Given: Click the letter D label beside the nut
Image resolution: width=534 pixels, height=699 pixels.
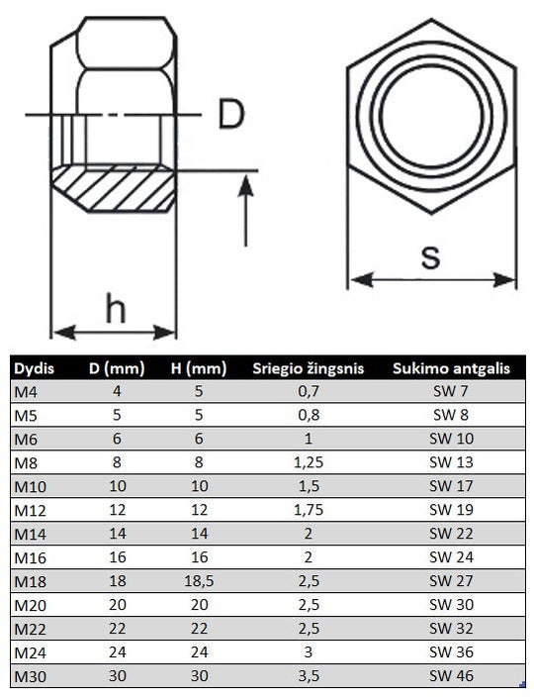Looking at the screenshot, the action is (231, 115).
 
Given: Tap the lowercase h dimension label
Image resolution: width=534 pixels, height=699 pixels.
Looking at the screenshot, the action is (116, 308).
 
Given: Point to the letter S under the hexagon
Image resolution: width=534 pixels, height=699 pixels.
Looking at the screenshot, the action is (431, 257).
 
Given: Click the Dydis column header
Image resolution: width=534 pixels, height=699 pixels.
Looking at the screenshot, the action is (34, 368).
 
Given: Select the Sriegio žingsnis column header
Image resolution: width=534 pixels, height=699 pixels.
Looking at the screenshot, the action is (309, 368).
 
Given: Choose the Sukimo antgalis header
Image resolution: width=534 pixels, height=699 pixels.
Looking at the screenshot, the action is (451, 368).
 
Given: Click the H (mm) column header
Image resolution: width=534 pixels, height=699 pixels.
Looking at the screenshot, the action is (199, 368).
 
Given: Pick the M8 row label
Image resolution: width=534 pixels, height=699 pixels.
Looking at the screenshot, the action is (26, 463).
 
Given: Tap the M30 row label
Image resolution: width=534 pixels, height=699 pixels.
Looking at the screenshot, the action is (31, 676).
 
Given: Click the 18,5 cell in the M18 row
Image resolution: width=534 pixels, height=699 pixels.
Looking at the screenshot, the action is (199, 581).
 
